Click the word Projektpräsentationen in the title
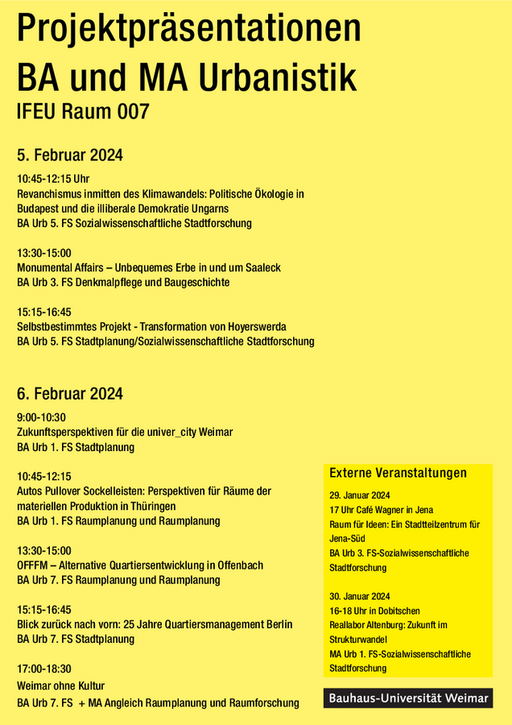(189, 30)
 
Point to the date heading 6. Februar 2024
(70, 394)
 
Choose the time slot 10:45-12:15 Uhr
(53, 179)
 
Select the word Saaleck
(261, 267)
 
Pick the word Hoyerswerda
(254, 326)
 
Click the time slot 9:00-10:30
(41, 417)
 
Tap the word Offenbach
(237, 565)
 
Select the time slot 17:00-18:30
(44, 669)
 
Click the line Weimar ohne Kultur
(61, 686)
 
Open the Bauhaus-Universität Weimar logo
(408, 698)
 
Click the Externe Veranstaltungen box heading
(398, 473)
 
